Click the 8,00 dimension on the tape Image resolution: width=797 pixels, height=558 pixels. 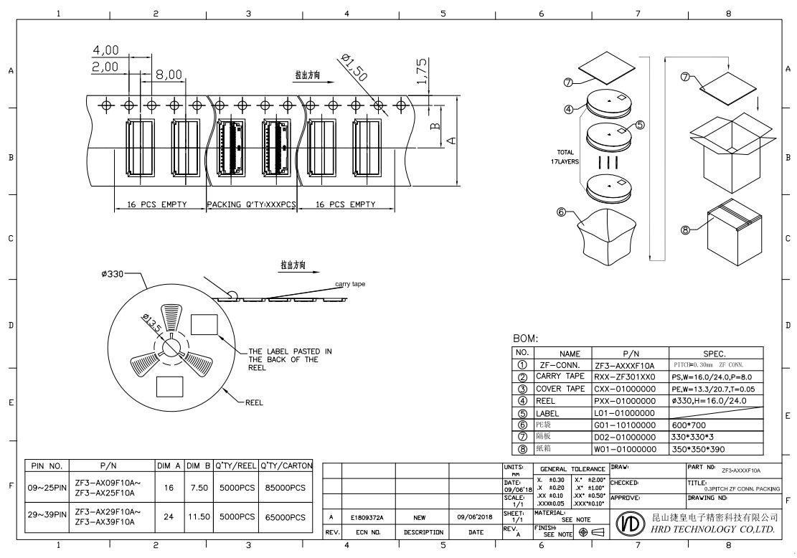169,73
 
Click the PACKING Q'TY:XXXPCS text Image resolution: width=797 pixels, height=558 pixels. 252,204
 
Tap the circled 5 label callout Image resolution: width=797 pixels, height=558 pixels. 639,124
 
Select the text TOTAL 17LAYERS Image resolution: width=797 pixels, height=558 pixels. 567,157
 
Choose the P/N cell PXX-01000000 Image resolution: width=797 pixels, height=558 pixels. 626,401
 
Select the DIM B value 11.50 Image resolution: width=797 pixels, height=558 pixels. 197,516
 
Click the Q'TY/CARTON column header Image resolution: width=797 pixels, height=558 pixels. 286,465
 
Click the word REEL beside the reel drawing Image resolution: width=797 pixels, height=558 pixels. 255,402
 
